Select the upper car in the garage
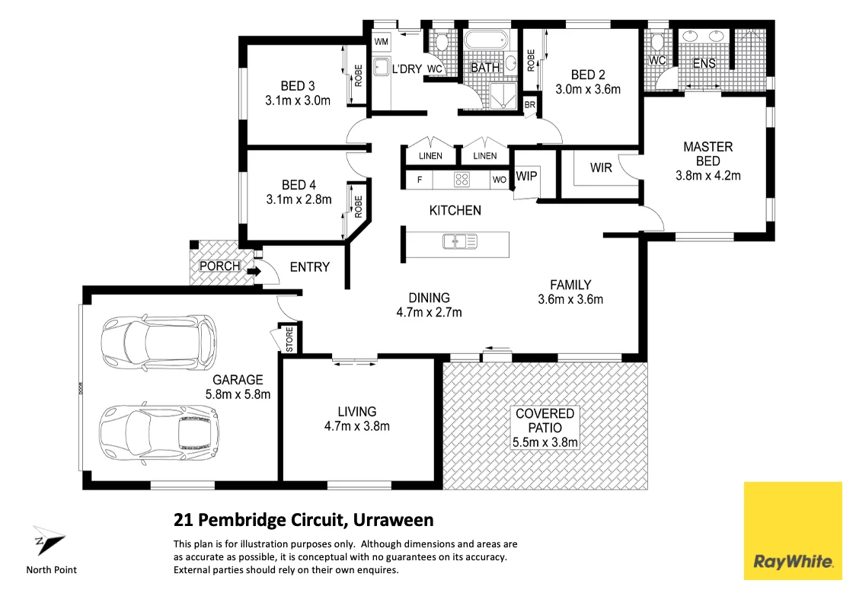tap(158, 343)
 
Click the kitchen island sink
tap(459, 241)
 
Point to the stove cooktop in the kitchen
tap(462, 180)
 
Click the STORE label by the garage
tap(289, 340)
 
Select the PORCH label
tap(219, 266)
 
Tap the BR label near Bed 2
tap(530, 104)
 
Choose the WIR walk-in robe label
tap(601, 167)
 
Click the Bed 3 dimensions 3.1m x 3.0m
tap(297, 100)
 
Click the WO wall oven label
tap(499, 180)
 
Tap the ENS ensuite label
tap(704, 63)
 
